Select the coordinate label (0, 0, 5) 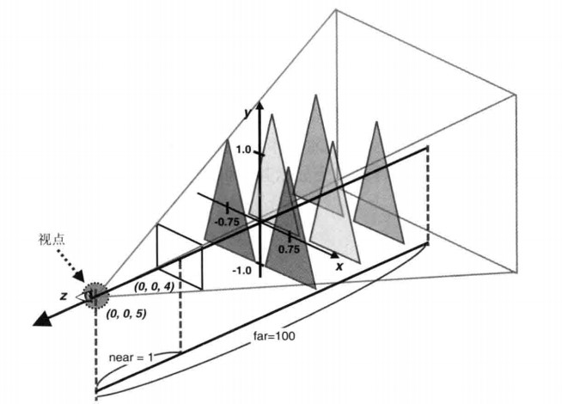pos(125,315)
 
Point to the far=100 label pos(273,335)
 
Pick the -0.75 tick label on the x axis pos(228,221)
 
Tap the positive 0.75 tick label pos(288,249)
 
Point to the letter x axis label pos(339,266)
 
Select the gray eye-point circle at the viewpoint pos(94,295)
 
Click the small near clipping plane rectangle pos(179,257)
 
